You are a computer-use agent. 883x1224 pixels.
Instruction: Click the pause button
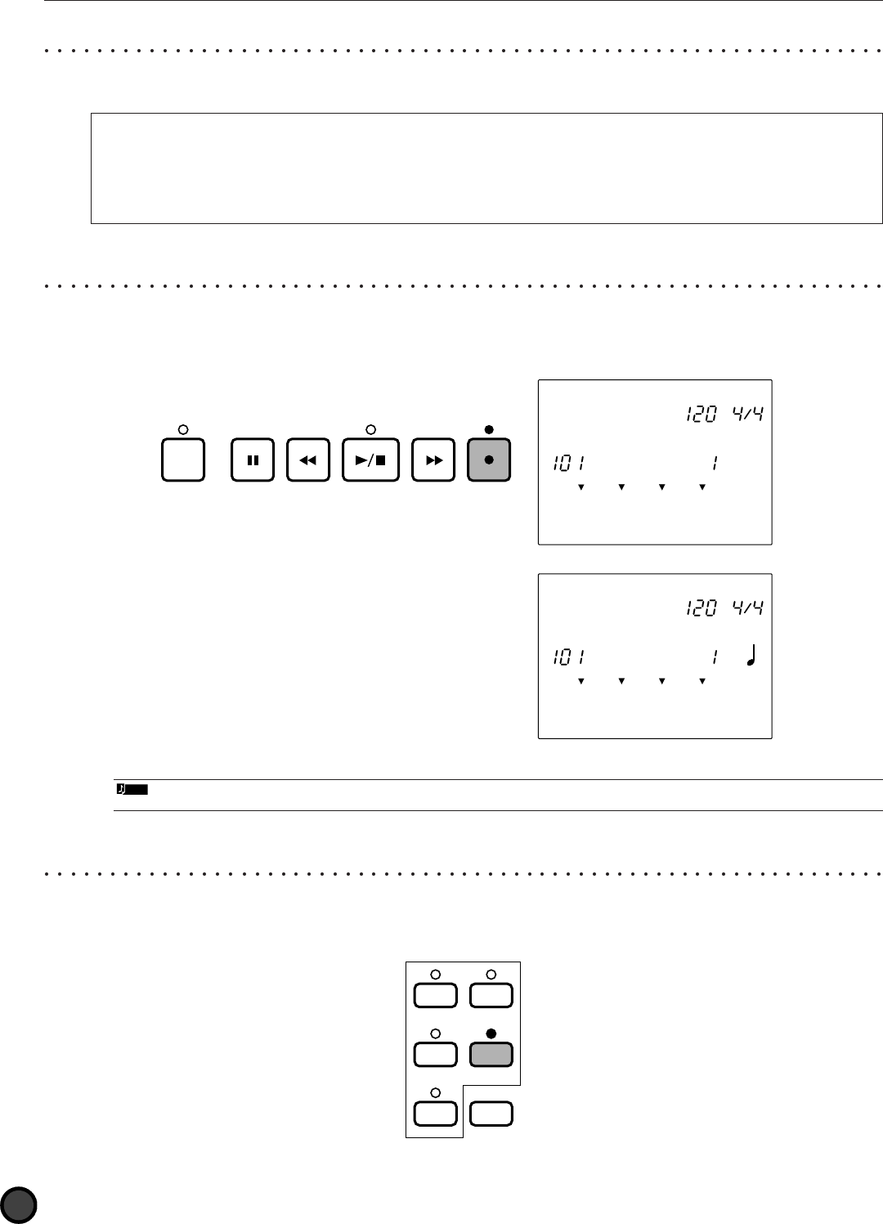253,460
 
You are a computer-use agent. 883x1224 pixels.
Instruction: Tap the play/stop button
370,460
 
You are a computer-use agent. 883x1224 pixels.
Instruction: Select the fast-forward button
434,460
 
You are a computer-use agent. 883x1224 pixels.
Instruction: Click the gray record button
489,460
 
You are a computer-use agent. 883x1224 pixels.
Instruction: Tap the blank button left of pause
183,460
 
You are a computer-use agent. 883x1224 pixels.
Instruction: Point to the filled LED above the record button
489,429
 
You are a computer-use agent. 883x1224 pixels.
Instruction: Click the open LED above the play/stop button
370,429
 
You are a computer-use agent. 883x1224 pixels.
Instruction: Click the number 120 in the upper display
701,415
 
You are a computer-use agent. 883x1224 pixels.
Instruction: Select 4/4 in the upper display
748,415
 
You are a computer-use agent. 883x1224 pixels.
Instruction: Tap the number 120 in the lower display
701,608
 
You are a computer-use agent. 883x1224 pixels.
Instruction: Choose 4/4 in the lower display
748,608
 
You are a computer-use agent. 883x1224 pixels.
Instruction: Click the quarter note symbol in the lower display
751,656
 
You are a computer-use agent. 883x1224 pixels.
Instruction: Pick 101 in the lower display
567,657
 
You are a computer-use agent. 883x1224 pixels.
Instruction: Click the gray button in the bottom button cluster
491,1055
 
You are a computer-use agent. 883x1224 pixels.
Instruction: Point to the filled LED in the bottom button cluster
491,1033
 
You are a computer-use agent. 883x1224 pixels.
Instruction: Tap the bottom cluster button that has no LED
491,1114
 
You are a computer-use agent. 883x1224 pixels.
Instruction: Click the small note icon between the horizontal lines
131,790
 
